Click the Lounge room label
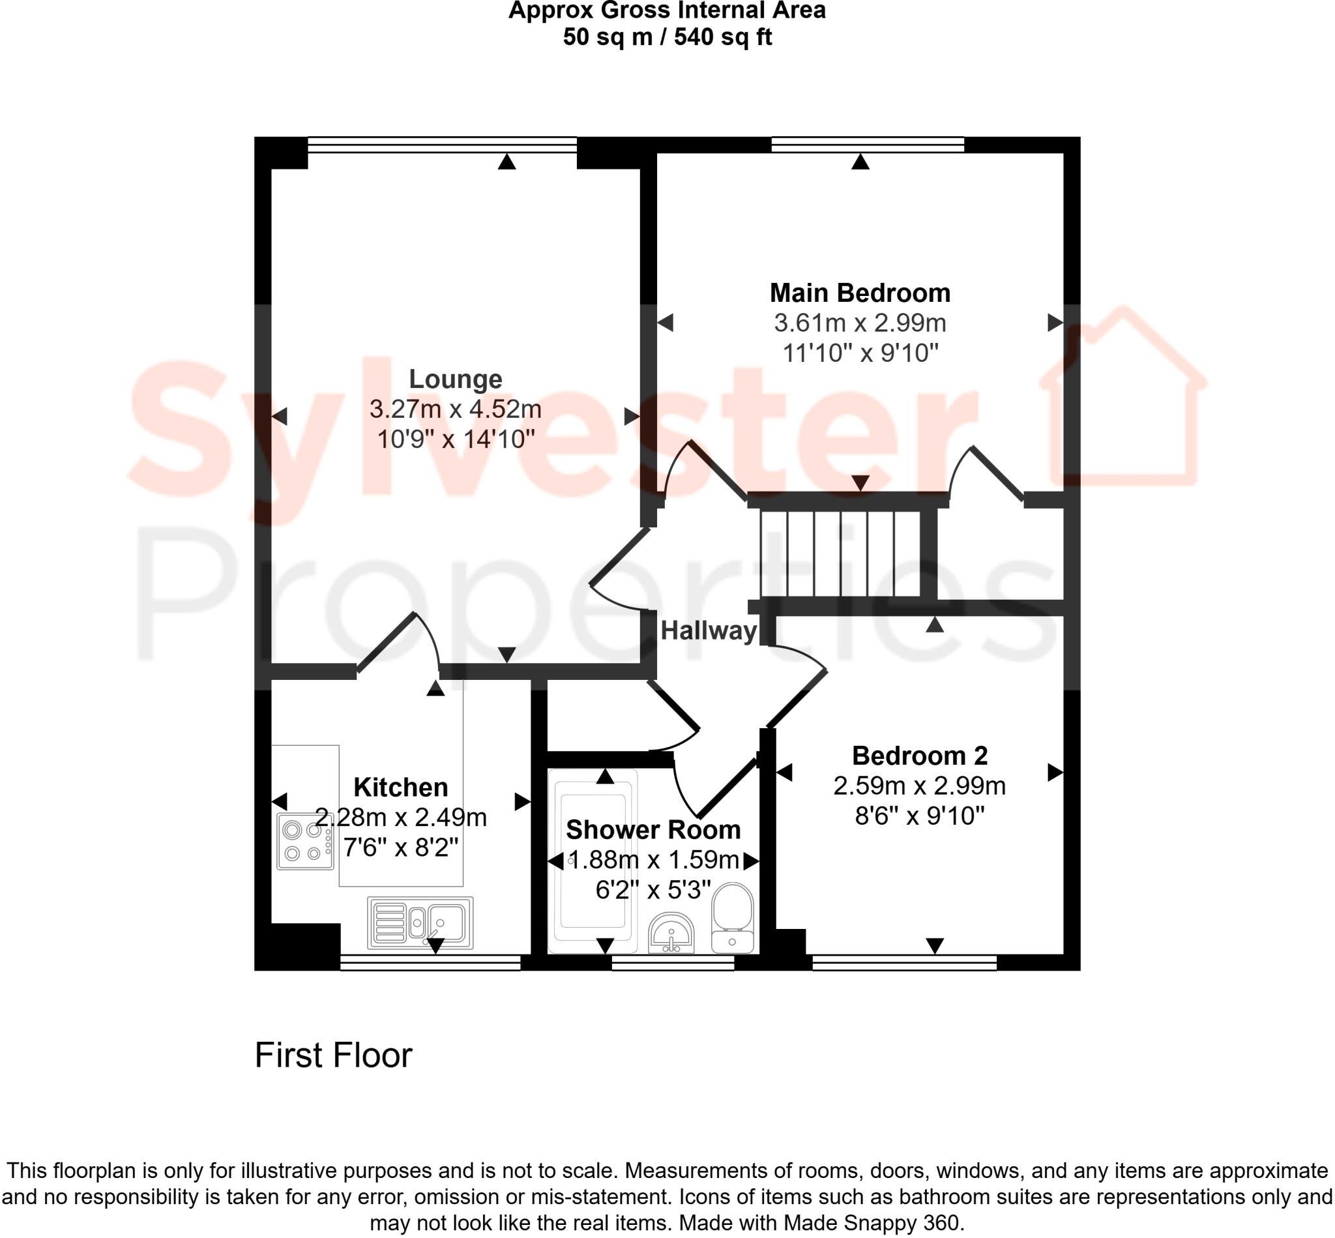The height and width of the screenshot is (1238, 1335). [x=456, y=379]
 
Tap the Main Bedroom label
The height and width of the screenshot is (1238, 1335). [x=859, y=293]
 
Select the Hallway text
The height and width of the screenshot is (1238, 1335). [x=708, y=630]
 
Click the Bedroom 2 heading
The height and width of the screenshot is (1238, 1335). [x=919, y=756]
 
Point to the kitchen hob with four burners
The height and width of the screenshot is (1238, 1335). [x=306, y=842]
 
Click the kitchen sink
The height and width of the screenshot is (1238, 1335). [x=420, y=922]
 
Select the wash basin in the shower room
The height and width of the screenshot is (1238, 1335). [x=671, y=932]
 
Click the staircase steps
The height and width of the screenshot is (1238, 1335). [x=840, y=553]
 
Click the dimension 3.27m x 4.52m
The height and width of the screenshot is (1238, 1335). [x=456, y=409]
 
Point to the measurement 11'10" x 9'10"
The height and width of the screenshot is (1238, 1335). [x=859, y=353]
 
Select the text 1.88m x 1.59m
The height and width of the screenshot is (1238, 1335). [x=653, y=859]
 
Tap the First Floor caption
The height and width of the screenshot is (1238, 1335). [x=333, y=1055]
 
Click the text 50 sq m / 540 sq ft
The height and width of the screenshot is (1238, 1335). [x=667, y=37]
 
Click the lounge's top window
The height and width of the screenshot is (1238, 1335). [x=442, y=145]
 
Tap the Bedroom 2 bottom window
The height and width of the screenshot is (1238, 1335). [x=903, y=962]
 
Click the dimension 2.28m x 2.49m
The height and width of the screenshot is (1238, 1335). [x=401, y=818]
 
